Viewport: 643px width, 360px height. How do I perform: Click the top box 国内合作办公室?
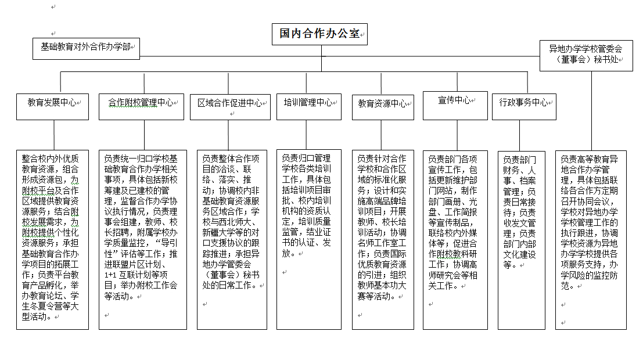point(319,34)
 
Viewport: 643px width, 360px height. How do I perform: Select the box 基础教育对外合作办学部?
point(86,49)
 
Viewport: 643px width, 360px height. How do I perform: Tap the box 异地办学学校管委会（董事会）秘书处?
point(586,56)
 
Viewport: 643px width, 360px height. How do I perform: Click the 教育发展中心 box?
point(52,107)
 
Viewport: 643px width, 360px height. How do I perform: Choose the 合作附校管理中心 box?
point(142,107)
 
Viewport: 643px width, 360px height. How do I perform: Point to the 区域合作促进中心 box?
point(230,107)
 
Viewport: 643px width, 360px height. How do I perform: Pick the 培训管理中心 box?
point(309,107)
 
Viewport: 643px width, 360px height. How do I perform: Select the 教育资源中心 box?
point(383,107)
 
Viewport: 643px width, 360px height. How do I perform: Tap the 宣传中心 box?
point(455,106)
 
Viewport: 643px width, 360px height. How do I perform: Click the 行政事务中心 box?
point(524,107)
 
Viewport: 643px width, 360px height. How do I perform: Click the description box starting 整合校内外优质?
point(52,240)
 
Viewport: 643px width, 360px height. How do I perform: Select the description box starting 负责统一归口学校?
point(143,240)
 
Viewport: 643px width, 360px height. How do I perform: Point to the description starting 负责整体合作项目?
point(232,240)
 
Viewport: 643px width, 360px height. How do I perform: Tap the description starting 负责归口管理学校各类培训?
point(309,239)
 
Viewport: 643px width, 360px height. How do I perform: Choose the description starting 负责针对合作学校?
point(383,240)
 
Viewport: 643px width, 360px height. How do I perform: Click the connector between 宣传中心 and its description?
point(457,135)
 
